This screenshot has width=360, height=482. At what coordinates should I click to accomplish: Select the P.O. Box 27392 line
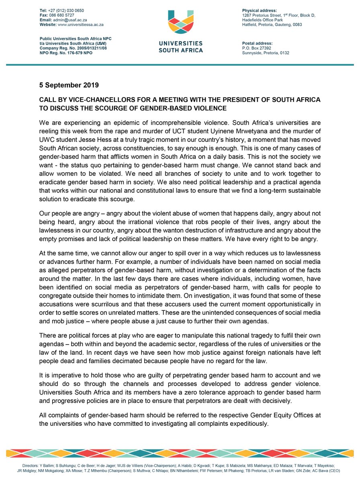click(x=263, y=48)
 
